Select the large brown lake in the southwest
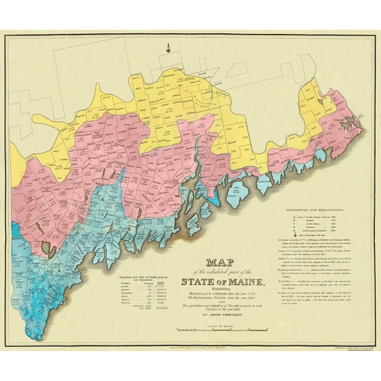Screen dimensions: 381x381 pos(47,249)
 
